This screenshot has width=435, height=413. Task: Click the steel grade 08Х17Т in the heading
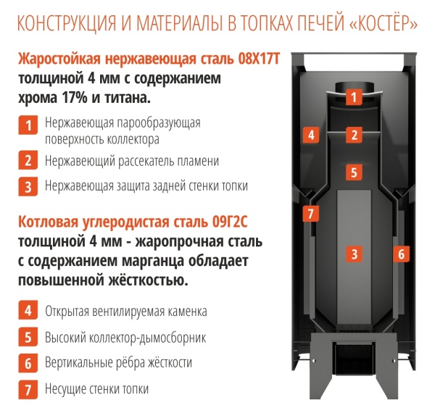click(x=259, y=59)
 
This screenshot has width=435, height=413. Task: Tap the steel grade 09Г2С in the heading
click(x=230, y=222)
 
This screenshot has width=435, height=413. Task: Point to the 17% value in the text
click(x=75, y=98)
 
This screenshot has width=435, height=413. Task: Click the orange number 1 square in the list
click(x=28, y=125)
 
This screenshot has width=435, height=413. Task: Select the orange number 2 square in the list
click(x=28, y=160)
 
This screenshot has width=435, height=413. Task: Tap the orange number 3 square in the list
click(x=28, y=186)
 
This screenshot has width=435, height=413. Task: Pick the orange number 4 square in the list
click(x=28, y=310)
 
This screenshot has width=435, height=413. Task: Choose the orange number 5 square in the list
click(x=28, y=337)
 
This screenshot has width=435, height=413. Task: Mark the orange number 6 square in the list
click(x=28, y=363)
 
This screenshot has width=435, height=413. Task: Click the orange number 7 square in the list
click(x=28, y=390)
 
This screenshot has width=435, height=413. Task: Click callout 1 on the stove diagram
click(x=354, y=97)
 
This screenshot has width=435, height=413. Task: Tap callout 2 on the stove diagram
click(x=354, y=135)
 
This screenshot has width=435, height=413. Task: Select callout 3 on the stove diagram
click(x=354, y=254)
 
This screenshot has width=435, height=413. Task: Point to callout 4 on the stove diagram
click(x=311, y=135)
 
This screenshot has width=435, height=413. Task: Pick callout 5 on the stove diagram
click(x=354, y=172)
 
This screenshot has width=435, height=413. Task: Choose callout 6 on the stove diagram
click(x=401, y=254)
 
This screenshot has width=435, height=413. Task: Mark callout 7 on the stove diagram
click(x=311, y=214)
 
